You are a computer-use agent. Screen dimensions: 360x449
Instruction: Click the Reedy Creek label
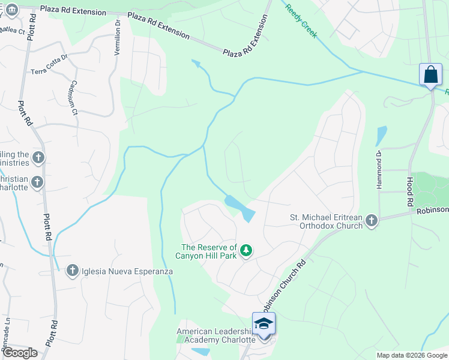click(301, 22)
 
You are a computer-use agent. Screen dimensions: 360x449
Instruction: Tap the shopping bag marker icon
click(430, 75)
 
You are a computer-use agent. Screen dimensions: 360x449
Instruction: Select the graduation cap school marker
click(264, 324)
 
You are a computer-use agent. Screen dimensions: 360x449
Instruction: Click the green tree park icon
click(246, 250)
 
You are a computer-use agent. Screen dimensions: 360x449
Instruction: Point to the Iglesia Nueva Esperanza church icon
click(73, 271)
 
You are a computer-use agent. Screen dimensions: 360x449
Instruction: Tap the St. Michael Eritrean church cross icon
click(372, 221)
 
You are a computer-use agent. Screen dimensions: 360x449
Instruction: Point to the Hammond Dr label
click(379, 173)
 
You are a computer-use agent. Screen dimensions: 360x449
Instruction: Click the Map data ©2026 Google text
click(411, 355)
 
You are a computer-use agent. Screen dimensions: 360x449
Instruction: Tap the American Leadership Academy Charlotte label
click(213, 335)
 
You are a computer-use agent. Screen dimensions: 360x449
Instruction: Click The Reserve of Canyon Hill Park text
click(209, 251)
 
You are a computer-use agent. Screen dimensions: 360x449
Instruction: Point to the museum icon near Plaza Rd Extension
click(11, 10)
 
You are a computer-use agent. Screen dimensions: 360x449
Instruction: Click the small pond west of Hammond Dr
click(381, 135)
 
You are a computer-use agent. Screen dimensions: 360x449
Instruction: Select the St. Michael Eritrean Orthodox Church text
click(326, 221)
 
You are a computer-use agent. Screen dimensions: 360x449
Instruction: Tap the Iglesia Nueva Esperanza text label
click(128, 271)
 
